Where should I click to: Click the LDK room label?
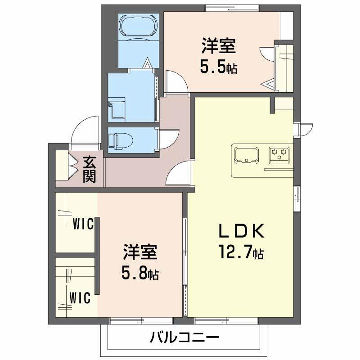[x=240, y=231]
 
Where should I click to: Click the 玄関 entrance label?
[x=90, y=169]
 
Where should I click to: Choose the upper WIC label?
[x=83, y=223]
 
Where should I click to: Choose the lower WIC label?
[x=80, y=297]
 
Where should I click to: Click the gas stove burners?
[x=279, y=154]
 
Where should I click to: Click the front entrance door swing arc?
[x=85, y=130]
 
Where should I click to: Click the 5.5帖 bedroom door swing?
[x=176, y=81]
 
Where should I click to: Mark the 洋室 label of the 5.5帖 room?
[x=219, y=46]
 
